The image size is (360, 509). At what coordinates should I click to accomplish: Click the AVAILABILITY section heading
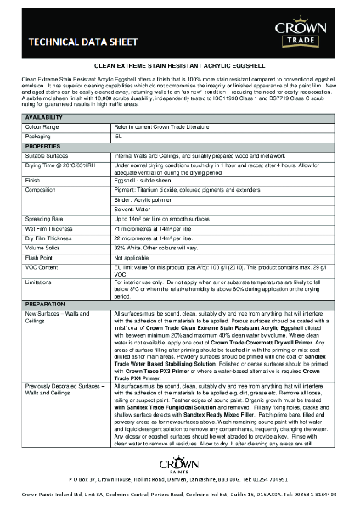[44, 116]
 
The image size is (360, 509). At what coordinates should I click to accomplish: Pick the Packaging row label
[39, 137]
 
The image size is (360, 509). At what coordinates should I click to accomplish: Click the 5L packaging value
[119, 137]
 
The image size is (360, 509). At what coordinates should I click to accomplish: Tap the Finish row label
[34, 180]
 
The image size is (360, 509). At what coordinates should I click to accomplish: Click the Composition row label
[42, 191]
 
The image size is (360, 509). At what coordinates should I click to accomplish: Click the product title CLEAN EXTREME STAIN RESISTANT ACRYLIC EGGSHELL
[179, 64]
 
